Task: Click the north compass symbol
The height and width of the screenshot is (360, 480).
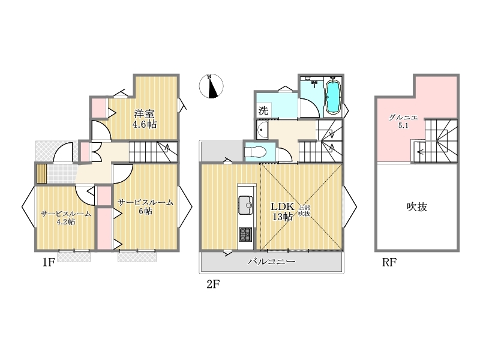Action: [x=211, y=86]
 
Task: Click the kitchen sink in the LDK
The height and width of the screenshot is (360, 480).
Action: [x=246, y=205]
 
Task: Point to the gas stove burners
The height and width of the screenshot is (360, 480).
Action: [x=245, y=235]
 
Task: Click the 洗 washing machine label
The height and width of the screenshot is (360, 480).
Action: [x=263, y=110]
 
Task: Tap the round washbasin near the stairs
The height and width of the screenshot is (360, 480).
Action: [x=263, y=130]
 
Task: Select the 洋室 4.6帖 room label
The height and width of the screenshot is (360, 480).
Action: [x=145, y=119]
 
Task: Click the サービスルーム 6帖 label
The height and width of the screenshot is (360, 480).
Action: [x=145, y=206]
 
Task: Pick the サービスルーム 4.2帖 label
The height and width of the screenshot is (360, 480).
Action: [x=66, y=218]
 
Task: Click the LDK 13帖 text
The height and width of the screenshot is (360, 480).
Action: [x=282, y=211]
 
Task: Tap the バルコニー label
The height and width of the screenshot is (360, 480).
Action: [x=272, y=262]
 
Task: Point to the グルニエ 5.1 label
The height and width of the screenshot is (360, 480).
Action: [x=403, y=121]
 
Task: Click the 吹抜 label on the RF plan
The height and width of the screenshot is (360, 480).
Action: [x=417, y=207]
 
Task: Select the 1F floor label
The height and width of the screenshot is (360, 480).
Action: [x=49, y=262]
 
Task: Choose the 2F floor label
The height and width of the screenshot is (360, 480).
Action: [x=214, y=284]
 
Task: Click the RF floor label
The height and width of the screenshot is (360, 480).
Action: [x=389, y=262]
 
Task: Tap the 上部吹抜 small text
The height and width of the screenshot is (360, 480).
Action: [x=304, y=211]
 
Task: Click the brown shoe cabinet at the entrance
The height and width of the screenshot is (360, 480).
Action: [x=41, y=173]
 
